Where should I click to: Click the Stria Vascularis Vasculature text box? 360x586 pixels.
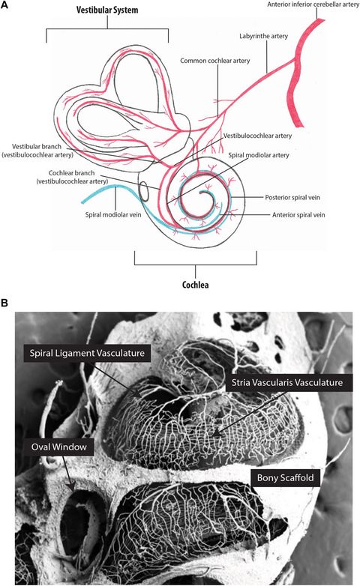(283, 382)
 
